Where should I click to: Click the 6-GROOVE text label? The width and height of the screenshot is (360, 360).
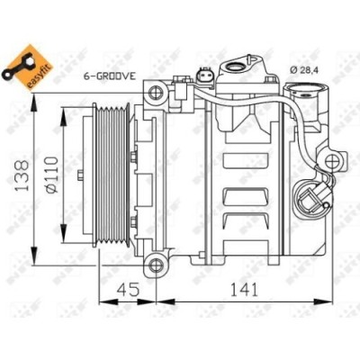109,76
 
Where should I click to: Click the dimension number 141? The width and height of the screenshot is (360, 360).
240,291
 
